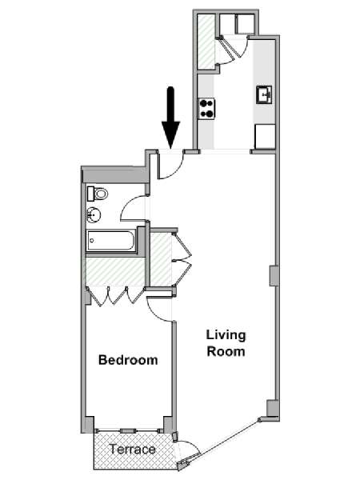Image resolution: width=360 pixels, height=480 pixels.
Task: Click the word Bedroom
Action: [128, 360]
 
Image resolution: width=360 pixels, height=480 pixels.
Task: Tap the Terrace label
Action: [133, 449]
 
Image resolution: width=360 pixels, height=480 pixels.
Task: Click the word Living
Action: [226, 335]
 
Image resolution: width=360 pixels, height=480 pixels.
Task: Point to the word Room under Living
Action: [226, 351]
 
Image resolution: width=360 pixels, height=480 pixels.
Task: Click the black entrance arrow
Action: [170, 118]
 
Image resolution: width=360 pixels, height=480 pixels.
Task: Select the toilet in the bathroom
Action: [98, 194]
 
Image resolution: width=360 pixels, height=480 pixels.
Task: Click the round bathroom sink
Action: [94, 214]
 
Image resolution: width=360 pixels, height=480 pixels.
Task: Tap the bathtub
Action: [111, 241]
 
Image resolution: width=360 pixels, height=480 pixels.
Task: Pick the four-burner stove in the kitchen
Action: [206, 109]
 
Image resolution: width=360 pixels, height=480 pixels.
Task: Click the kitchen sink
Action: [265, 95]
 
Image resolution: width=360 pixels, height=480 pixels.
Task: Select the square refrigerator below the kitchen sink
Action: [265, 137]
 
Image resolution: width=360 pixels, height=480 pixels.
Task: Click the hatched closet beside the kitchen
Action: [206, 42]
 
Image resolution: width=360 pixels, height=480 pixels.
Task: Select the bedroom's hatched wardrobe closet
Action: [115, 271]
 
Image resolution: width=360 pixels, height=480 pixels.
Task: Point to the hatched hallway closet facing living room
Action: [161, 259]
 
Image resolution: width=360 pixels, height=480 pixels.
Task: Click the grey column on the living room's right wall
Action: [274, 276]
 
